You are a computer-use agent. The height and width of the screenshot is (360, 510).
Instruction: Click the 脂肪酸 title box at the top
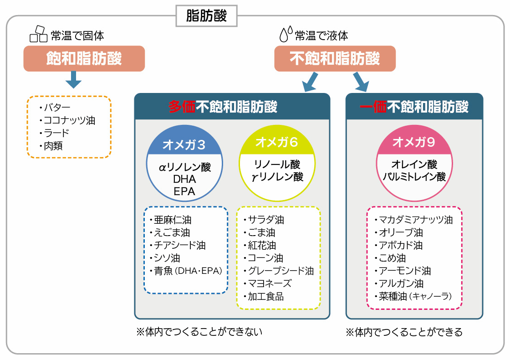point(206,16)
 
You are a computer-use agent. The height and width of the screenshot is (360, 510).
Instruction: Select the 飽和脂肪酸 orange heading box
point(84,59)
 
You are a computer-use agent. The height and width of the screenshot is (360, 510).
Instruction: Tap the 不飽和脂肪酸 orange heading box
point(335,59)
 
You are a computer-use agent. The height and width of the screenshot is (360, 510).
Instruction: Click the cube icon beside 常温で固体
point(38,35)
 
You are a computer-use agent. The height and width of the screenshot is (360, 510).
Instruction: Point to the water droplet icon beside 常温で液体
point(286,35)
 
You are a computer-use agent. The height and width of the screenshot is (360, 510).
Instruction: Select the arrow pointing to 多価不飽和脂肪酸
point(311,82)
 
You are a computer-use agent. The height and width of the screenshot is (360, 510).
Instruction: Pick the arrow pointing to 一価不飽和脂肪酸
point(360,82)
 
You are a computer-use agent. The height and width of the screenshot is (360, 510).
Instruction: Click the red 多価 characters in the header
point(182,107)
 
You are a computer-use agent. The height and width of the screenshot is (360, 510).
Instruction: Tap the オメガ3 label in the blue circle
point(184,145)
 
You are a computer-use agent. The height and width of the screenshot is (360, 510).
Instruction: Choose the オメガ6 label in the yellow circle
point(277,142)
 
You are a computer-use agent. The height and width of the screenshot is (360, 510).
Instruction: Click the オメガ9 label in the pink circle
point(414,142)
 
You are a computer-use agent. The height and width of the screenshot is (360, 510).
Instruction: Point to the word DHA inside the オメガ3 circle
point(184,179)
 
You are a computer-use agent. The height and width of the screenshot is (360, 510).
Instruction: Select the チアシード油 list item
point(179,245)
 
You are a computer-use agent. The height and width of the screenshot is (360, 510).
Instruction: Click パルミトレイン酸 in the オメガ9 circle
point(414,177)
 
